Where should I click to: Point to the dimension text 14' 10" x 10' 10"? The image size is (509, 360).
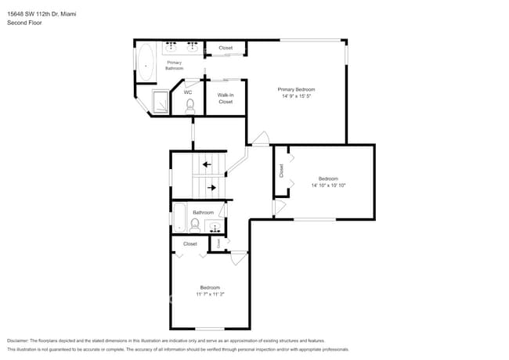coord(328,185)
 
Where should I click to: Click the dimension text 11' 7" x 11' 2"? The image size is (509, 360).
coord(209,294)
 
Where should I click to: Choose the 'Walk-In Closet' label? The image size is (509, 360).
coord(226,98)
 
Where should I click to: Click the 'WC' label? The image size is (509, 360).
coord(188,92)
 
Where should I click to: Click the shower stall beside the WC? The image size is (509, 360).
coord(161,102)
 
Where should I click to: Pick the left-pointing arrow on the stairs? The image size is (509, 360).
coord(207,164)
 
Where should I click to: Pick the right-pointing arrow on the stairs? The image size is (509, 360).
coord(211,188)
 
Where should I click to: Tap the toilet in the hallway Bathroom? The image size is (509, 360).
coord(194,225)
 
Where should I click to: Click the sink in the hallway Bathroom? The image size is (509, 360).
coord(214,228)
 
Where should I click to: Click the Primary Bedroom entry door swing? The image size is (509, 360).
coord(259,139)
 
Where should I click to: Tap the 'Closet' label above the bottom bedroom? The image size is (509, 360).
coord(190,243)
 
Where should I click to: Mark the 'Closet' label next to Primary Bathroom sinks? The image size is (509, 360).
coord(226,48)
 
